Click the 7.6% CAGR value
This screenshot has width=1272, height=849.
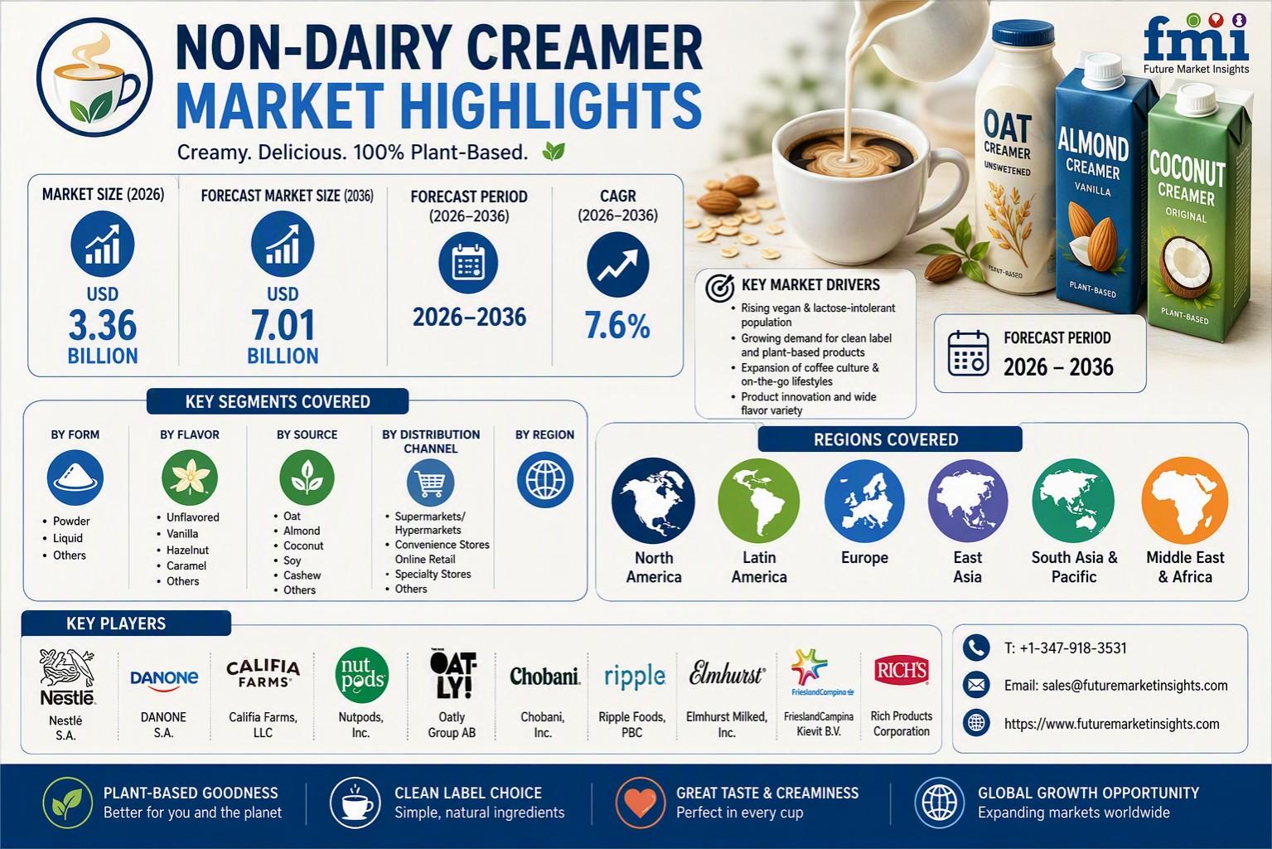[x=617, y=326]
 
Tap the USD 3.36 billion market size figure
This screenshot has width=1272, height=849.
[x=103, y=326]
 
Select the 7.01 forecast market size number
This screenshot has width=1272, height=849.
[x=283, y=325]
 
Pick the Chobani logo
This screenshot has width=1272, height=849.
[x=544, y=677]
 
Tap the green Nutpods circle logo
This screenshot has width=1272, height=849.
[x=362, y=675]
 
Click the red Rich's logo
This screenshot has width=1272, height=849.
[x=902, y=671]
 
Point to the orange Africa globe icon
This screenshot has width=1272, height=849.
[x=1185, y=501]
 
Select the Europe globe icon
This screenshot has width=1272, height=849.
[x=864, y=501]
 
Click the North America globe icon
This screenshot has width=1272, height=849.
[x=653, y=500]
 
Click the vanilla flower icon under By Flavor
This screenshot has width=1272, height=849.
[x=190, y=478]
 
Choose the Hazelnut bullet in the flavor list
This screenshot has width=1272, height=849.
[x=186, y=550]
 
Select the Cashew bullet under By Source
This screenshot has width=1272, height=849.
[x=302, y=575]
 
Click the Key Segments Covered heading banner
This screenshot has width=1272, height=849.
[x=278, y=402]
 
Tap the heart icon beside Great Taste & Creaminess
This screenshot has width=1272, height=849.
[x=640, y=803]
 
